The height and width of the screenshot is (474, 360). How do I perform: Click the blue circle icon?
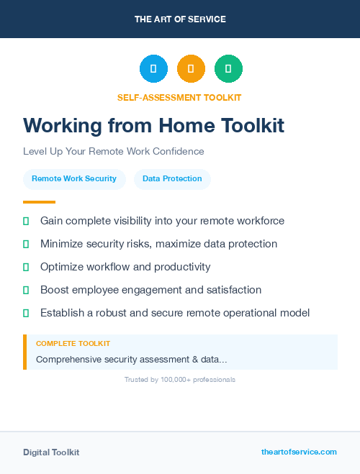(x=153, y=68)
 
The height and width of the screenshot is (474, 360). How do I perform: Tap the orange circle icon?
(x=191, y=68)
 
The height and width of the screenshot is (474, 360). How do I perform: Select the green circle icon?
(x=228, y=68)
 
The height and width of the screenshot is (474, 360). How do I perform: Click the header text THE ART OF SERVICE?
(x=180, y=19)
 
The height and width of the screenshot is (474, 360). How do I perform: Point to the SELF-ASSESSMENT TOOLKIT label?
(x=179, y=97)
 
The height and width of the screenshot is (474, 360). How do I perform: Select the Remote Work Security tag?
(x=74, y=179)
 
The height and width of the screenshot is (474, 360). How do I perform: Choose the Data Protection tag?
(x=172, y=179)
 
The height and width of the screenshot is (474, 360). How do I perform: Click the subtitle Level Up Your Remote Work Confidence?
(x=114, y=152)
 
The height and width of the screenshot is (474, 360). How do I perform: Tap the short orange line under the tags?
(x=39, y=202)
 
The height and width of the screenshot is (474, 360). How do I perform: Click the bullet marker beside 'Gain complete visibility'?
(x=26, y=222)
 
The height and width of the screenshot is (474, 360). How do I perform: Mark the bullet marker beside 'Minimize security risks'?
(x=26, y=245)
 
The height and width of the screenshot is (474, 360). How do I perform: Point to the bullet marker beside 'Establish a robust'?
(x=26, y=313)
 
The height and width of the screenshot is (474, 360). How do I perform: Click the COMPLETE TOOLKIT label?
(x=73, y=344)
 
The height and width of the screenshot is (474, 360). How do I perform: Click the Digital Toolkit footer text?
(x=51, y=452)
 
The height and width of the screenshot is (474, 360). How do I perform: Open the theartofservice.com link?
(x=299, y=452)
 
